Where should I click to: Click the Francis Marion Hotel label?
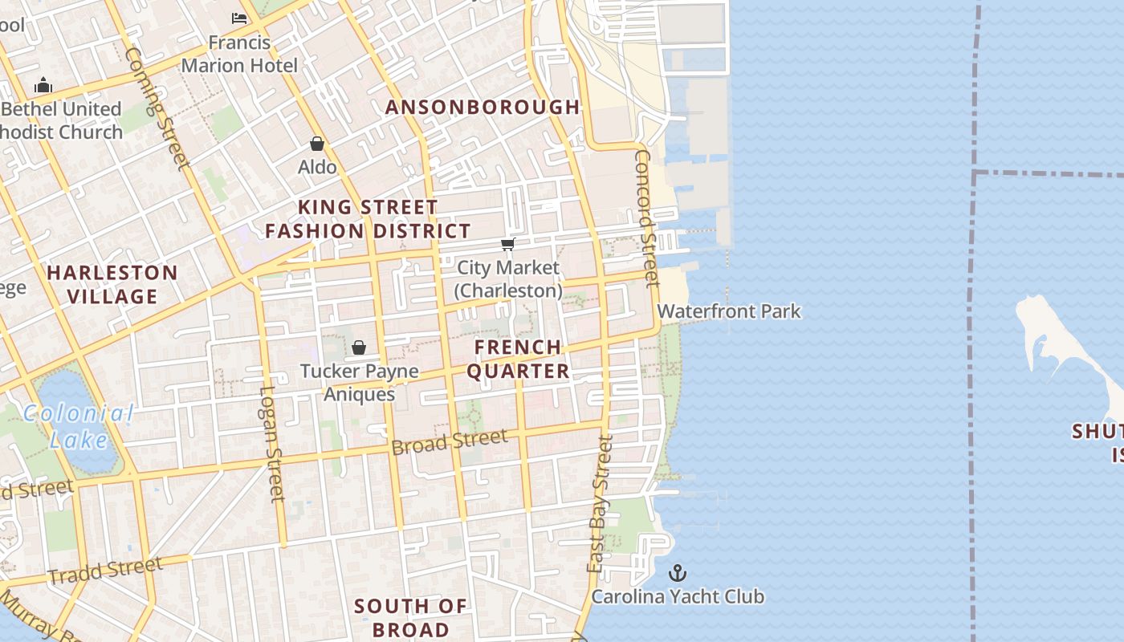[239, 54]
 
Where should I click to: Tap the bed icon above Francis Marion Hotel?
[239, 18]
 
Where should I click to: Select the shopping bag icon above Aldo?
[317, 144]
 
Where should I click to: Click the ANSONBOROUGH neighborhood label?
[483, 107]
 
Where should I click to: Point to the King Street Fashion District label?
[368, 219]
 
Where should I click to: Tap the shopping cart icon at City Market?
[507, 244]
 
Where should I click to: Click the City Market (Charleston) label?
[508, 278]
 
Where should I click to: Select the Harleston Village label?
[112, 284]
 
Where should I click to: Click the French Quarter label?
[518, 359]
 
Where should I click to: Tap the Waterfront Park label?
[729, 311]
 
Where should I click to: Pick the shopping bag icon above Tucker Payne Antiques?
[359, 347]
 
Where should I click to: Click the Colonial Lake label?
[78, 426]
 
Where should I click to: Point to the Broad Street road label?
[450, 441]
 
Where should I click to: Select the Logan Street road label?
[272, 444]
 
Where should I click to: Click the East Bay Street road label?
[600, 504]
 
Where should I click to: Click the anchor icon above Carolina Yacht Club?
[678, 573]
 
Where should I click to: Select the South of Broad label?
[410, 617]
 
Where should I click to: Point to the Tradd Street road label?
[105, 570]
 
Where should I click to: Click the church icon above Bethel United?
[43, 85]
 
